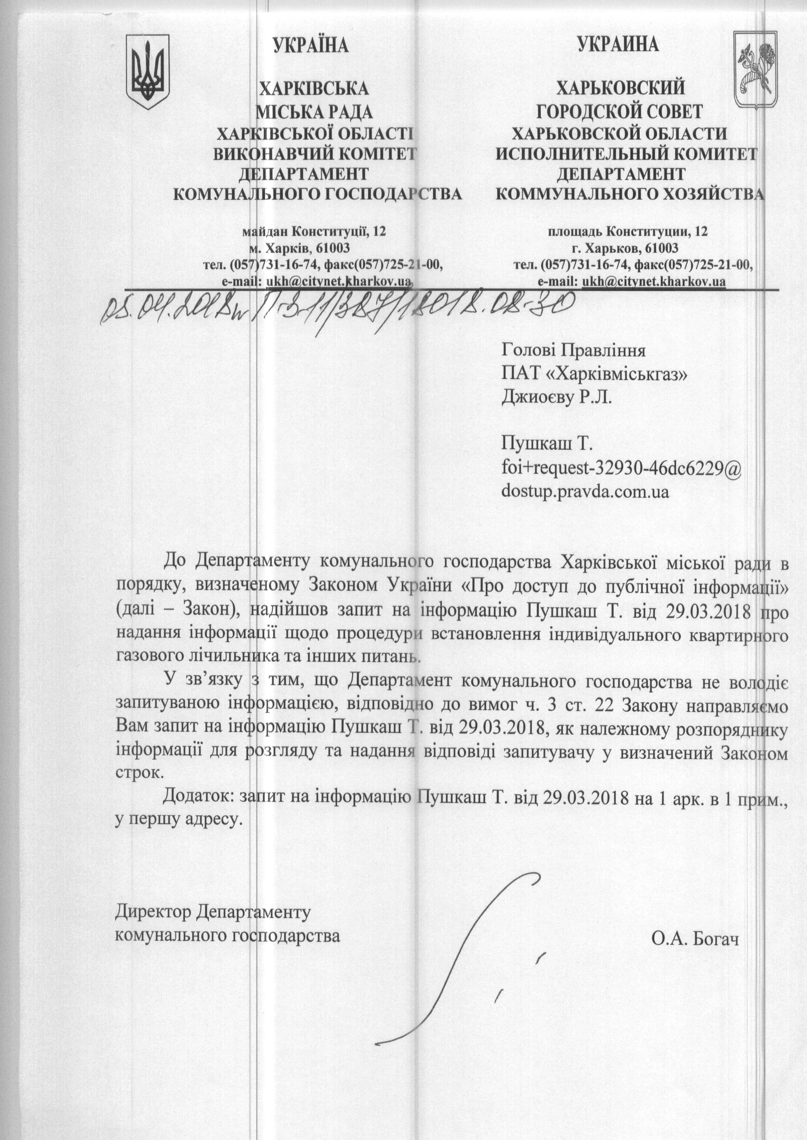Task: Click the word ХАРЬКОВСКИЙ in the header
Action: tap(620, 89)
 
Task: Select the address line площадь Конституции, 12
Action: tap(628, 231)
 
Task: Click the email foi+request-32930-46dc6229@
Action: tap(622, 468)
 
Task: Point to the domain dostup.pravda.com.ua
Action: tap(585, 492)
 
